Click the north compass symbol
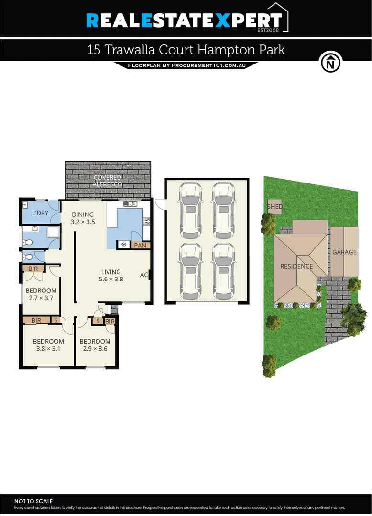click(x=330, y=63)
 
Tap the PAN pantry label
click(x=140, y=246)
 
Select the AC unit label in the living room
click(x=143, y=275)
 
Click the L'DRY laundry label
click(x=40, y=213)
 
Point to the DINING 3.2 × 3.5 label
click(x=83, y=218)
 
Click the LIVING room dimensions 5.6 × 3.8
click(x=110, y=279)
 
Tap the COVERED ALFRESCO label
click(x=108, y=181)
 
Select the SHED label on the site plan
click(x=275, y=207)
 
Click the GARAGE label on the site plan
click(x=345, y=252)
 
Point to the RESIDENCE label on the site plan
click(x=296, y=266)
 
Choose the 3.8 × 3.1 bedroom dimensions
click(x=48, y=349)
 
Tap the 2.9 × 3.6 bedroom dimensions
click(x=95, y=349)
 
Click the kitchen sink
click(x=130, y=204)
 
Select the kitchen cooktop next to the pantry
click(x=124, y=245)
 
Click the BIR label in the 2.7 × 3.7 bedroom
click(x=33, y=269)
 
